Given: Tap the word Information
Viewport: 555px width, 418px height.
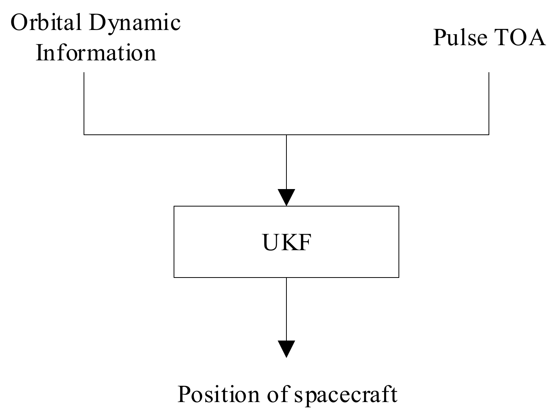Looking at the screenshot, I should click(96, 52).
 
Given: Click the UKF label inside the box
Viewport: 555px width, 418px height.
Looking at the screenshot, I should click(286, 242).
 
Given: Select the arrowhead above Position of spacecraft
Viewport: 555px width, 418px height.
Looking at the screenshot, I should click(286, 349).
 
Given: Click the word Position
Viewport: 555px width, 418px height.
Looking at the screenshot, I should click(219, 394).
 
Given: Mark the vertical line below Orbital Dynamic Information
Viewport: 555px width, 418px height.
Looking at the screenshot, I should click(84, 103).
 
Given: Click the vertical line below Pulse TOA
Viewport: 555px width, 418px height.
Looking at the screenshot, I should click(489, 103).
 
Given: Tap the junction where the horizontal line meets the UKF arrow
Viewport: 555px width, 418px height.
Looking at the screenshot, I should click(286, 134).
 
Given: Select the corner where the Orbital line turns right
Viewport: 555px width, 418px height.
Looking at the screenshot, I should click(84, 134).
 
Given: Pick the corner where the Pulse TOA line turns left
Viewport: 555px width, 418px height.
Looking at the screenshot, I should click(489, 134).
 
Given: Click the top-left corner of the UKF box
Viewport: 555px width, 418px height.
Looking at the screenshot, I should click(174, 207).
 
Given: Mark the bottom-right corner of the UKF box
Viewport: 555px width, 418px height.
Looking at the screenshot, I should click(398, 277).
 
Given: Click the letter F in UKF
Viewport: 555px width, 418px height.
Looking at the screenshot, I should click(304, 242).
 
